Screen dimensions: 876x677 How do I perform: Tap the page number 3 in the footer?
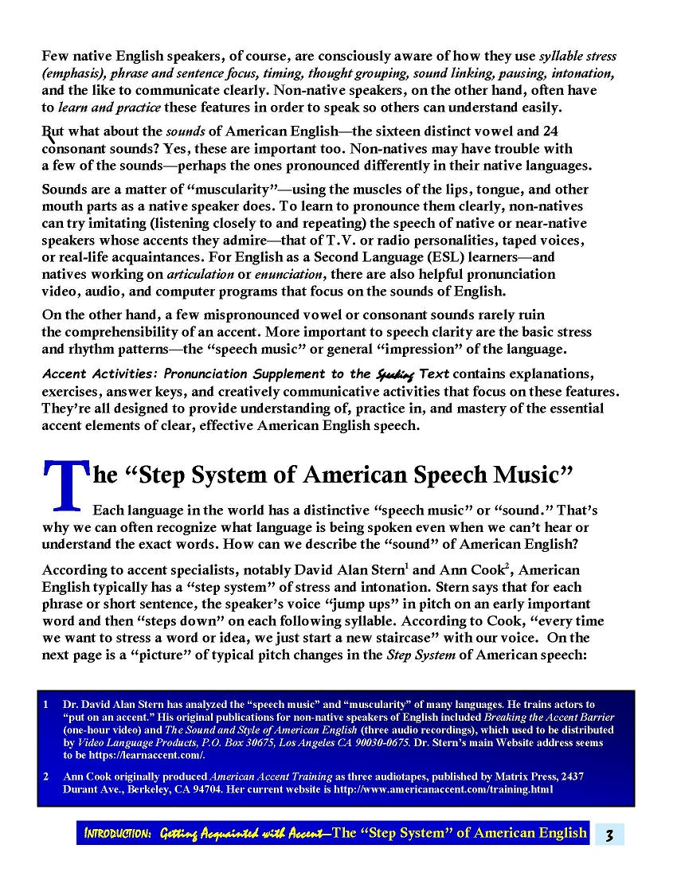pos(609,834)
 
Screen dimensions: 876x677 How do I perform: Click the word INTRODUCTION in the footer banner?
pos(118,833)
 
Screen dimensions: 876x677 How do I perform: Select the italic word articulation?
pos(195,274)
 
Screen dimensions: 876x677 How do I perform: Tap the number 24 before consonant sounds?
pos(550,131)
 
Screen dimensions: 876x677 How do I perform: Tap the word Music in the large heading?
pos(533,475)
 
